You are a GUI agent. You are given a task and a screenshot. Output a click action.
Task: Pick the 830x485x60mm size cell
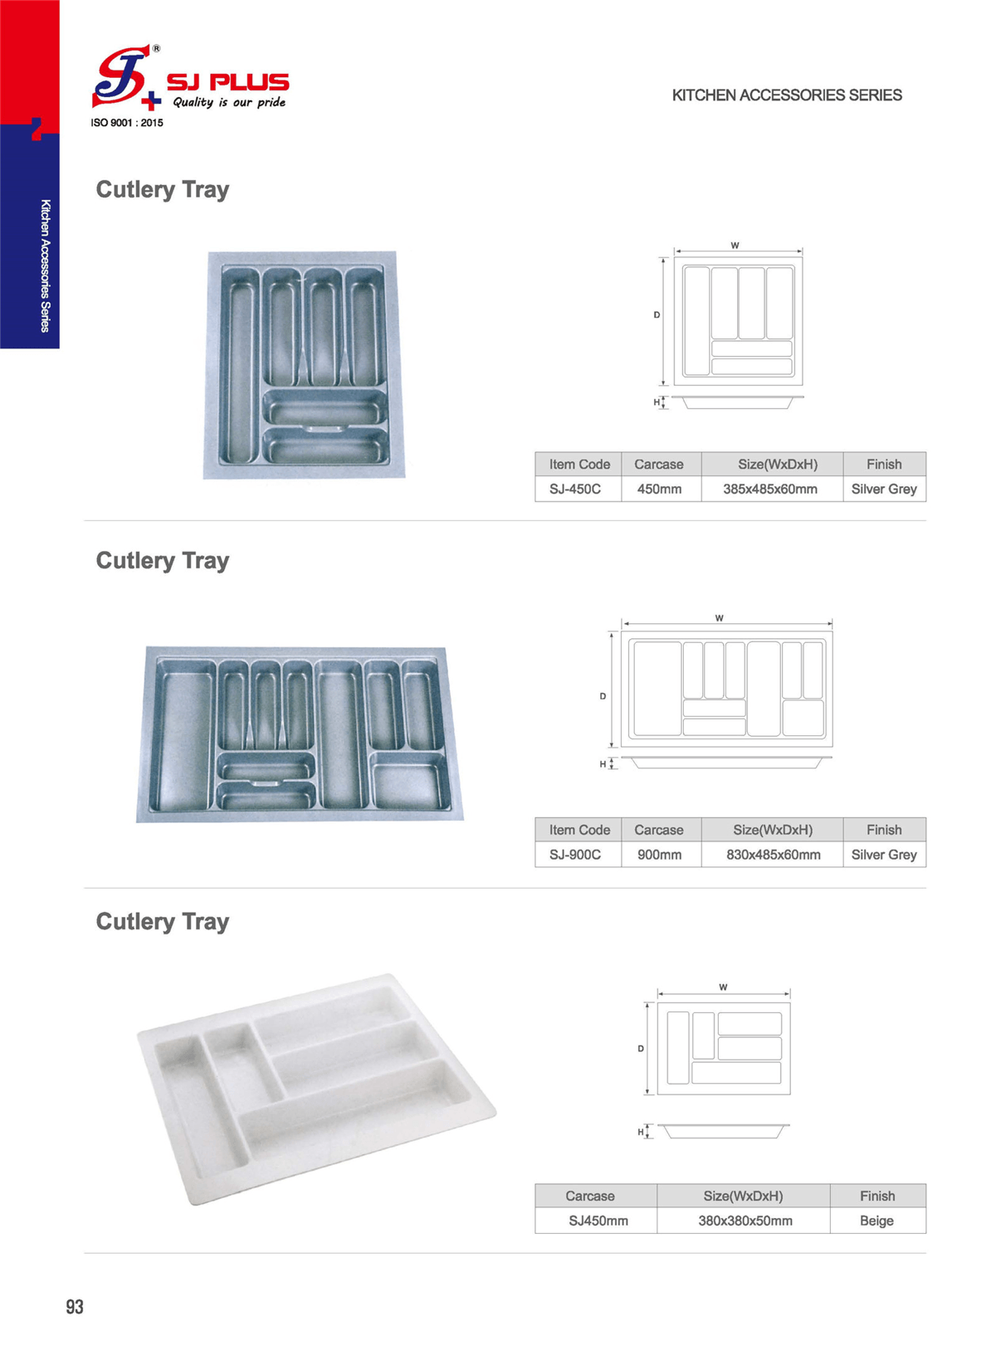pyautogui.click(x=772, y=854)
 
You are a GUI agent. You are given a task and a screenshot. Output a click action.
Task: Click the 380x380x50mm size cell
pyautogui.click(x=744, y=1221)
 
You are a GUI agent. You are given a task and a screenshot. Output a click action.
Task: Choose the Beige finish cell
pyautogui.click(x=877, y=1221)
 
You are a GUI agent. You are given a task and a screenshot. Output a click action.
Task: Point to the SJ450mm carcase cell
pyautogui.click(x=597, y=1221)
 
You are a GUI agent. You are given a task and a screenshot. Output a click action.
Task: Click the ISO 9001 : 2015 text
pyautogui.click(x=127, y=123)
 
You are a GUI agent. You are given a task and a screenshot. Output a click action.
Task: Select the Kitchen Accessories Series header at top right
pyautogui.click(x=787, y=95)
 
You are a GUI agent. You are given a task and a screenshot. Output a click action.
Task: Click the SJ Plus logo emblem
pyautogui.click(x=126, y=77)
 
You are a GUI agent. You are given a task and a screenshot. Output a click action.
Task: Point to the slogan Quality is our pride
pyautogui.click(x=229, y=102)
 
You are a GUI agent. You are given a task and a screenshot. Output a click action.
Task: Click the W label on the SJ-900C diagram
pyautogui.click(x=719, y=618)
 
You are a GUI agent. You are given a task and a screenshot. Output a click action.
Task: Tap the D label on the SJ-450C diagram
pyautogui.click(x=657, y=315)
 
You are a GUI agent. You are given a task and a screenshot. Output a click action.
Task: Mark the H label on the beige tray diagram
pyautogui.click(x=640, y=1132)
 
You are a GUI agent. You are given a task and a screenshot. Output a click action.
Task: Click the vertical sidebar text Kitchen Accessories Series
pyautogui.click(x=45, y=266)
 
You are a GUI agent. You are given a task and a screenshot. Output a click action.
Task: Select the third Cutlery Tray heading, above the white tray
pyautogui.click(x=163, y=922)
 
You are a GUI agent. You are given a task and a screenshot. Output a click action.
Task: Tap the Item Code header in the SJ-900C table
pyautogui.click(x=579, y=829)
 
